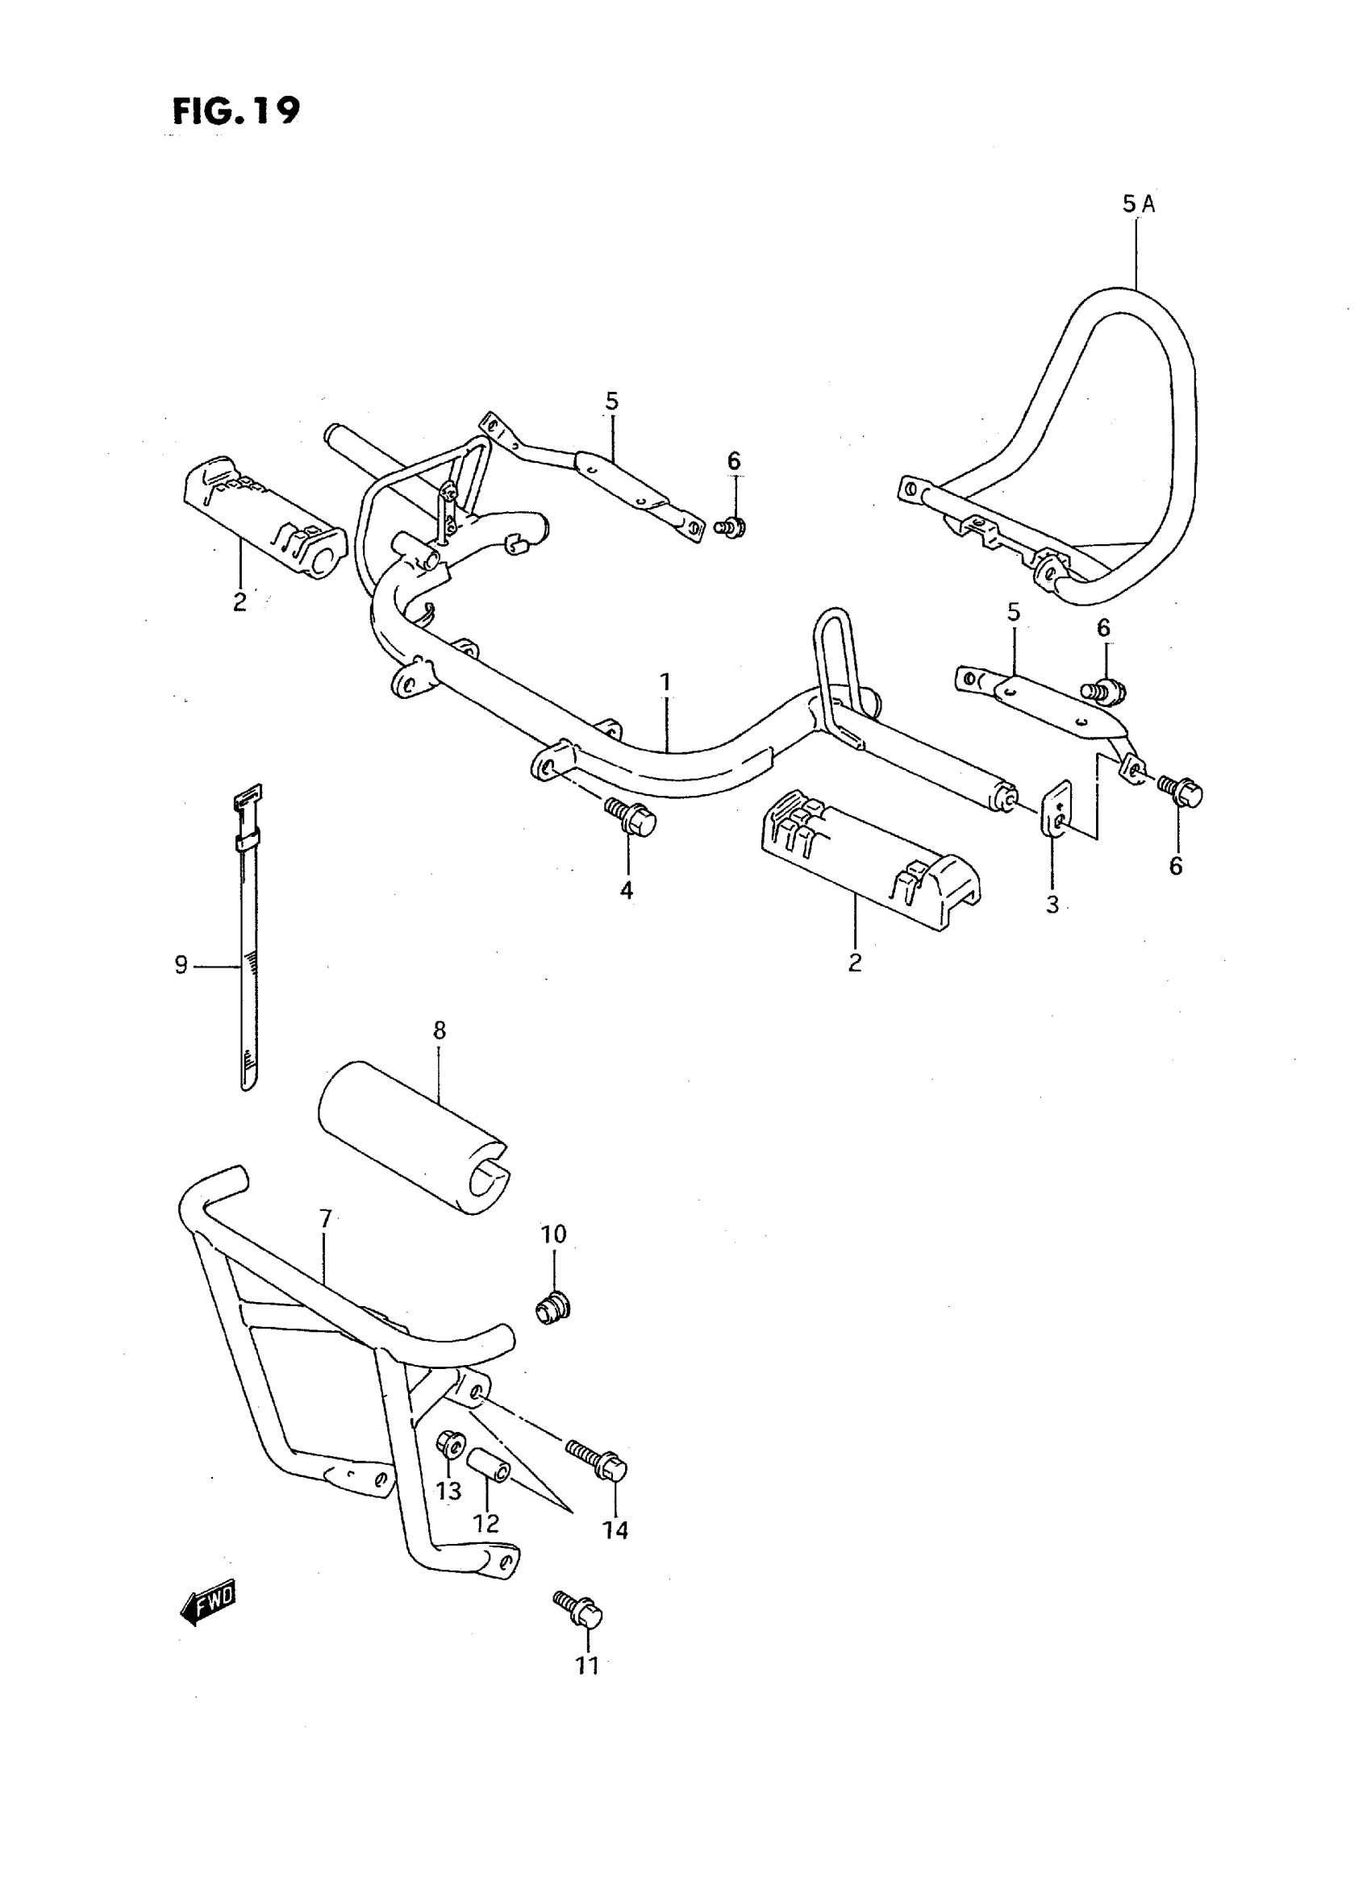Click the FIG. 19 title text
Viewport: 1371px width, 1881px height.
236,110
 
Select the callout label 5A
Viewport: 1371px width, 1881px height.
1138,204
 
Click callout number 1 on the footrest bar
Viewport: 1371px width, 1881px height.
665,682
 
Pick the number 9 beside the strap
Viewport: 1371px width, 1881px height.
181,964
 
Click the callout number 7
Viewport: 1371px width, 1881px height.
325,1219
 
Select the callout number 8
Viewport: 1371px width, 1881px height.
439,1030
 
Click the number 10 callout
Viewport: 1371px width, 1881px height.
552,1257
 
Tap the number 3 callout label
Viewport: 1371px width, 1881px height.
1052,905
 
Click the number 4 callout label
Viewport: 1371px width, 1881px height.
627,890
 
